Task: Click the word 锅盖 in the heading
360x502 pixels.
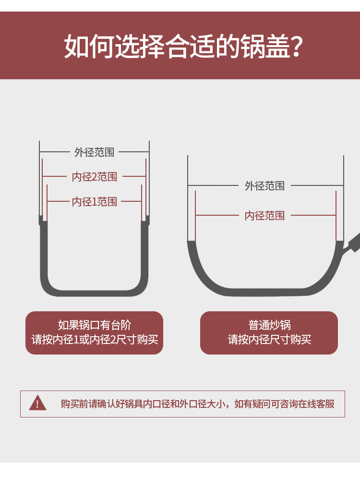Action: pyautogui.click(x=265, y=47)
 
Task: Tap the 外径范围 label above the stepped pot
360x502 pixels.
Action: pyautogui.click(x=95, y=152)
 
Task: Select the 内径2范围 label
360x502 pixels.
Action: pyautogui.click(x=95, y=177)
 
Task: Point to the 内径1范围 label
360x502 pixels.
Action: pyautogui.click(x=95, y=202)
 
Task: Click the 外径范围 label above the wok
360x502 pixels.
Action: pyautogui.click(x=264, y=186)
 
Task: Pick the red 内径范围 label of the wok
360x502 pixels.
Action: pyautogui.click(x=264, y=216)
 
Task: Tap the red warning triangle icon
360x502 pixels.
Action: pyautogui.click(x=38, y=404)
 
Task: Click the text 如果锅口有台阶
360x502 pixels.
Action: pyautogui.click(x=95, y=325)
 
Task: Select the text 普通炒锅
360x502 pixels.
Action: pyautogui.click(x=269, y=325)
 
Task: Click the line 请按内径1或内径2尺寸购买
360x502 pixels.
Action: pyautogui.click(x=95, y=339)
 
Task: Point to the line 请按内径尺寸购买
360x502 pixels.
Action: pyautogui.click(x=269, y=339)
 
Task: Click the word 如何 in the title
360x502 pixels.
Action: pyautogui.click(x=89, y=47)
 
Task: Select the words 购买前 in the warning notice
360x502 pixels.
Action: pyautogui.click(x=74, y=404)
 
